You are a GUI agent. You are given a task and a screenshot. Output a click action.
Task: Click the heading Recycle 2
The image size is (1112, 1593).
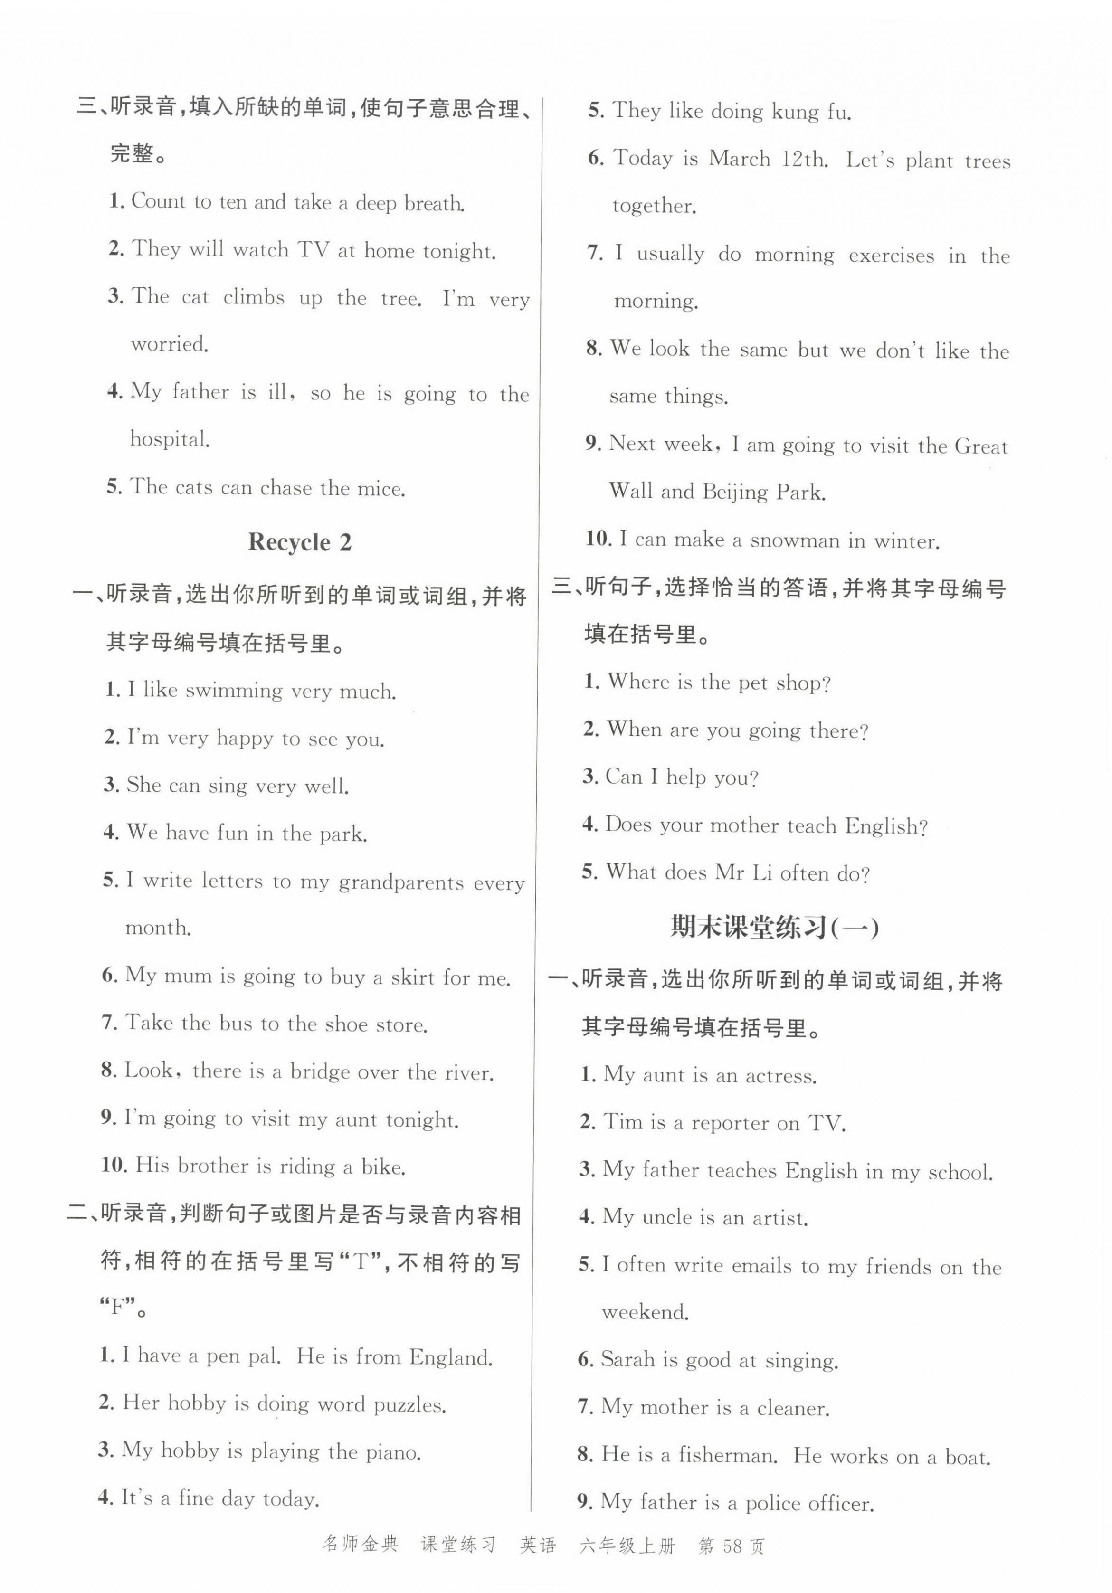pyautogui.click(x=300, y=542)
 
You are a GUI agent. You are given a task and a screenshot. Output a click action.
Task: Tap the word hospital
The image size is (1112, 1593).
pyautogui.click(x=169, y=439)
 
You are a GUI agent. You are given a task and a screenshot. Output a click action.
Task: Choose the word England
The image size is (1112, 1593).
pyautogui.click(x=451, y=1356)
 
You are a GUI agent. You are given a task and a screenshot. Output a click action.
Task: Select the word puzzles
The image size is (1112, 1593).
pyautogui.click(x=409, y=1405)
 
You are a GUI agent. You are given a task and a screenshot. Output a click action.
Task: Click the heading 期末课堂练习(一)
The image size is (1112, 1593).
pyautogui.click(x=774, y=928)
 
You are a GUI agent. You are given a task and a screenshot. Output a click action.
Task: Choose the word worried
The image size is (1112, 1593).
pyautogui.click(x=169, y=344)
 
